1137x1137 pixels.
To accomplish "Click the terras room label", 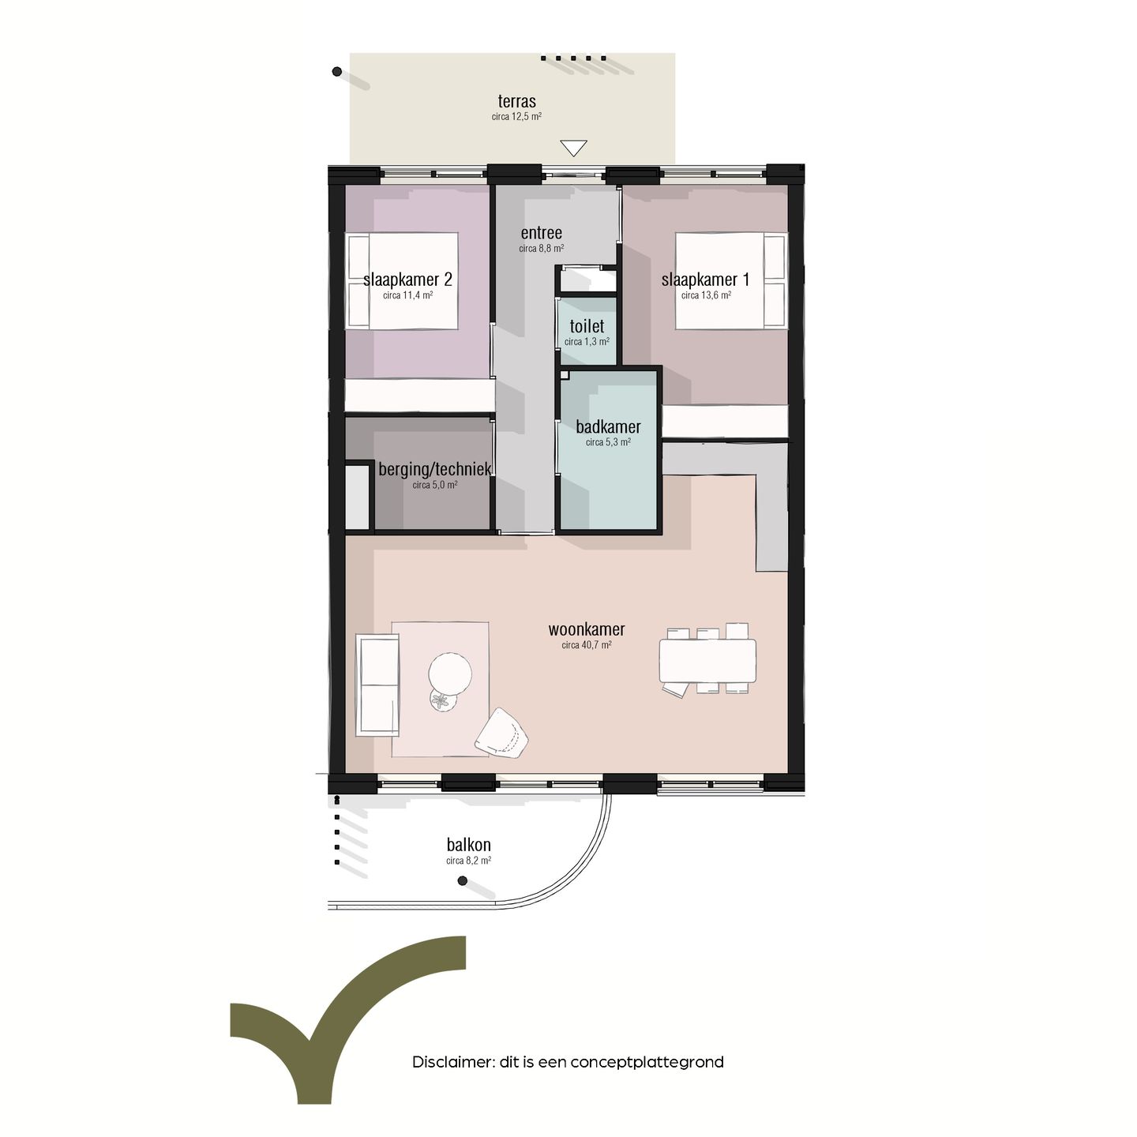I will click(x=516, y=102).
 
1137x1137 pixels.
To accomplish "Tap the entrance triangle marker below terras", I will click(x=573, y=148).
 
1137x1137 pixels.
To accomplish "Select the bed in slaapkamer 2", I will click(x=403, y=280).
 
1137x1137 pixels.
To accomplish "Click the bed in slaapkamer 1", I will click(x=731, y=280).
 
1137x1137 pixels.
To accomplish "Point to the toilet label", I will click(x=587, y=326).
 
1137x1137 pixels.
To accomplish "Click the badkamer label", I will click(x=608, y=427).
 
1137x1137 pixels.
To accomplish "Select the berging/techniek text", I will click(x=434, y=469).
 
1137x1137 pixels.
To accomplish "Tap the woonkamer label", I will click(x=587, y=629).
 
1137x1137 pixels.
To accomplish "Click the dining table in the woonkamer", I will click(x=707, y=660).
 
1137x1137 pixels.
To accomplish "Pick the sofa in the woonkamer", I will click(x=377, y=685).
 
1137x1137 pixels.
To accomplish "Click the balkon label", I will click(x=468, y=845).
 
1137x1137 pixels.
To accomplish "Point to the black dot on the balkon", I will click(x=463, y=880).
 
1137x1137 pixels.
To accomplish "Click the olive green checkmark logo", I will click(x=347, y=1019).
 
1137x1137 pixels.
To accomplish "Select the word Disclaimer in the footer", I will click(x=452, y=1062).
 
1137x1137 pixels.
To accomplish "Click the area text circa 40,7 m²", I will click(x=587, y=645).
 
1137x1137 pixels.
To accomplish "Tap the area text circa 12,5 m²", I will click(x=516, y=117).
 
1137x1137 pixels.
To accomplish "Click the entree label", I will click(x=541, y=233).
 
